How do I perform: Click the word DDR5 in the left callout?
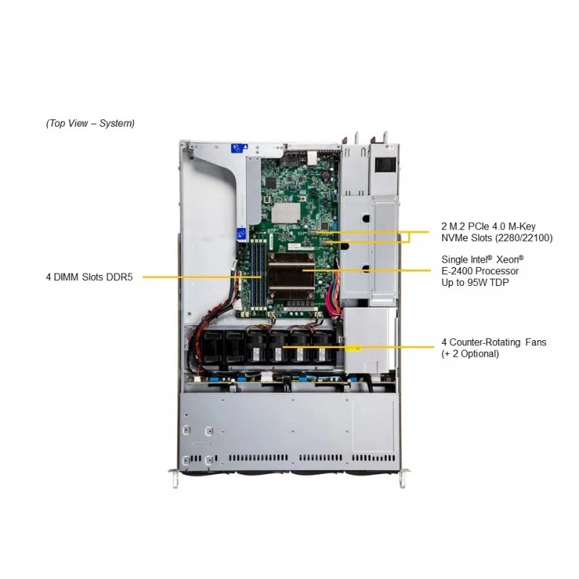tap(119, 277)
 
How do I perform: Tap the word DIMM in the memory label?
tap(67, 277)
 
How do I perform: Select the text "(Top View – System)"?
tap(90, 123)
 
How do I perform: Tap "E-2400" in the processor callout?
tap(457, 271)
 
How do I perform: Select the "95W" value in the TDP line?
tap(477, 282)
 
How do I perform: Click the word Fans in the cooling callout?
tap(536, 342)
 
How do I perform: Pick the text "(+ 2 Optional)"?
tap(470, 354)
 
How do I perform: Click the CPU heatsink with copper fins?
tap(292, 275)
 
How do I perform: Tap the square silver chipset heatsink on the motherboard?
tap(286, 213)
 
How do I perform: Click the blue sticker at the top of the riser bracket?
tap(238, 148)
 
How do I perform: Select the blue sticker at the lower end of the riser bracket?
tap(242, 234)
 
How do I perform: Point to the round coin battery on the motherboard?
tap(324, 174)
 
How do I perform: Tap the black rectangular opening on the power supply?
tap(386, 164)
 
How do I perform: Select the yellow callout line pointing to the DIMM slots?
tap(203, 277)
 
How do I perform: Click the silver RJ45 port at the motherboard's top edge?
tap(311, 158)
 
